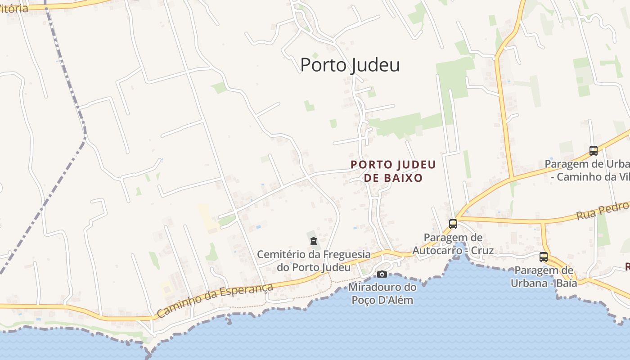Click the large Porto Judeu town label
(350, 65)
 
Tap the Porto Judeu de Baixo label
(393, 171)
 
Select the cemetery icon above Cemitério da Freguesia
(314, 241)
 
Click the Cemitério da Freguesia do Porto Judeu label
(314, 261)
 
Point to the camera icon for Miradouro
(382, 274)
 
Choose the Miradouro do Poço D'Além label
(382, 293)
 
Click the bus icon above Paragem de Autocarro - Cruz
(453, 224)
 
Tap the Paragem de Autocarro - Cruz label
(453, 244)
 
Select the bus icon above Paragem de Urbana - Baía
(544, 257)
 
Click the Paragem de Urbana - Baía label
(544, 277)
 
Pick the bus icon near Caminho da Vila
(594, 151)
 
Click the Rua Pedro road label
(603, 210)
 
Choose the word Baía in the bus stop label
(566, 283)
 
